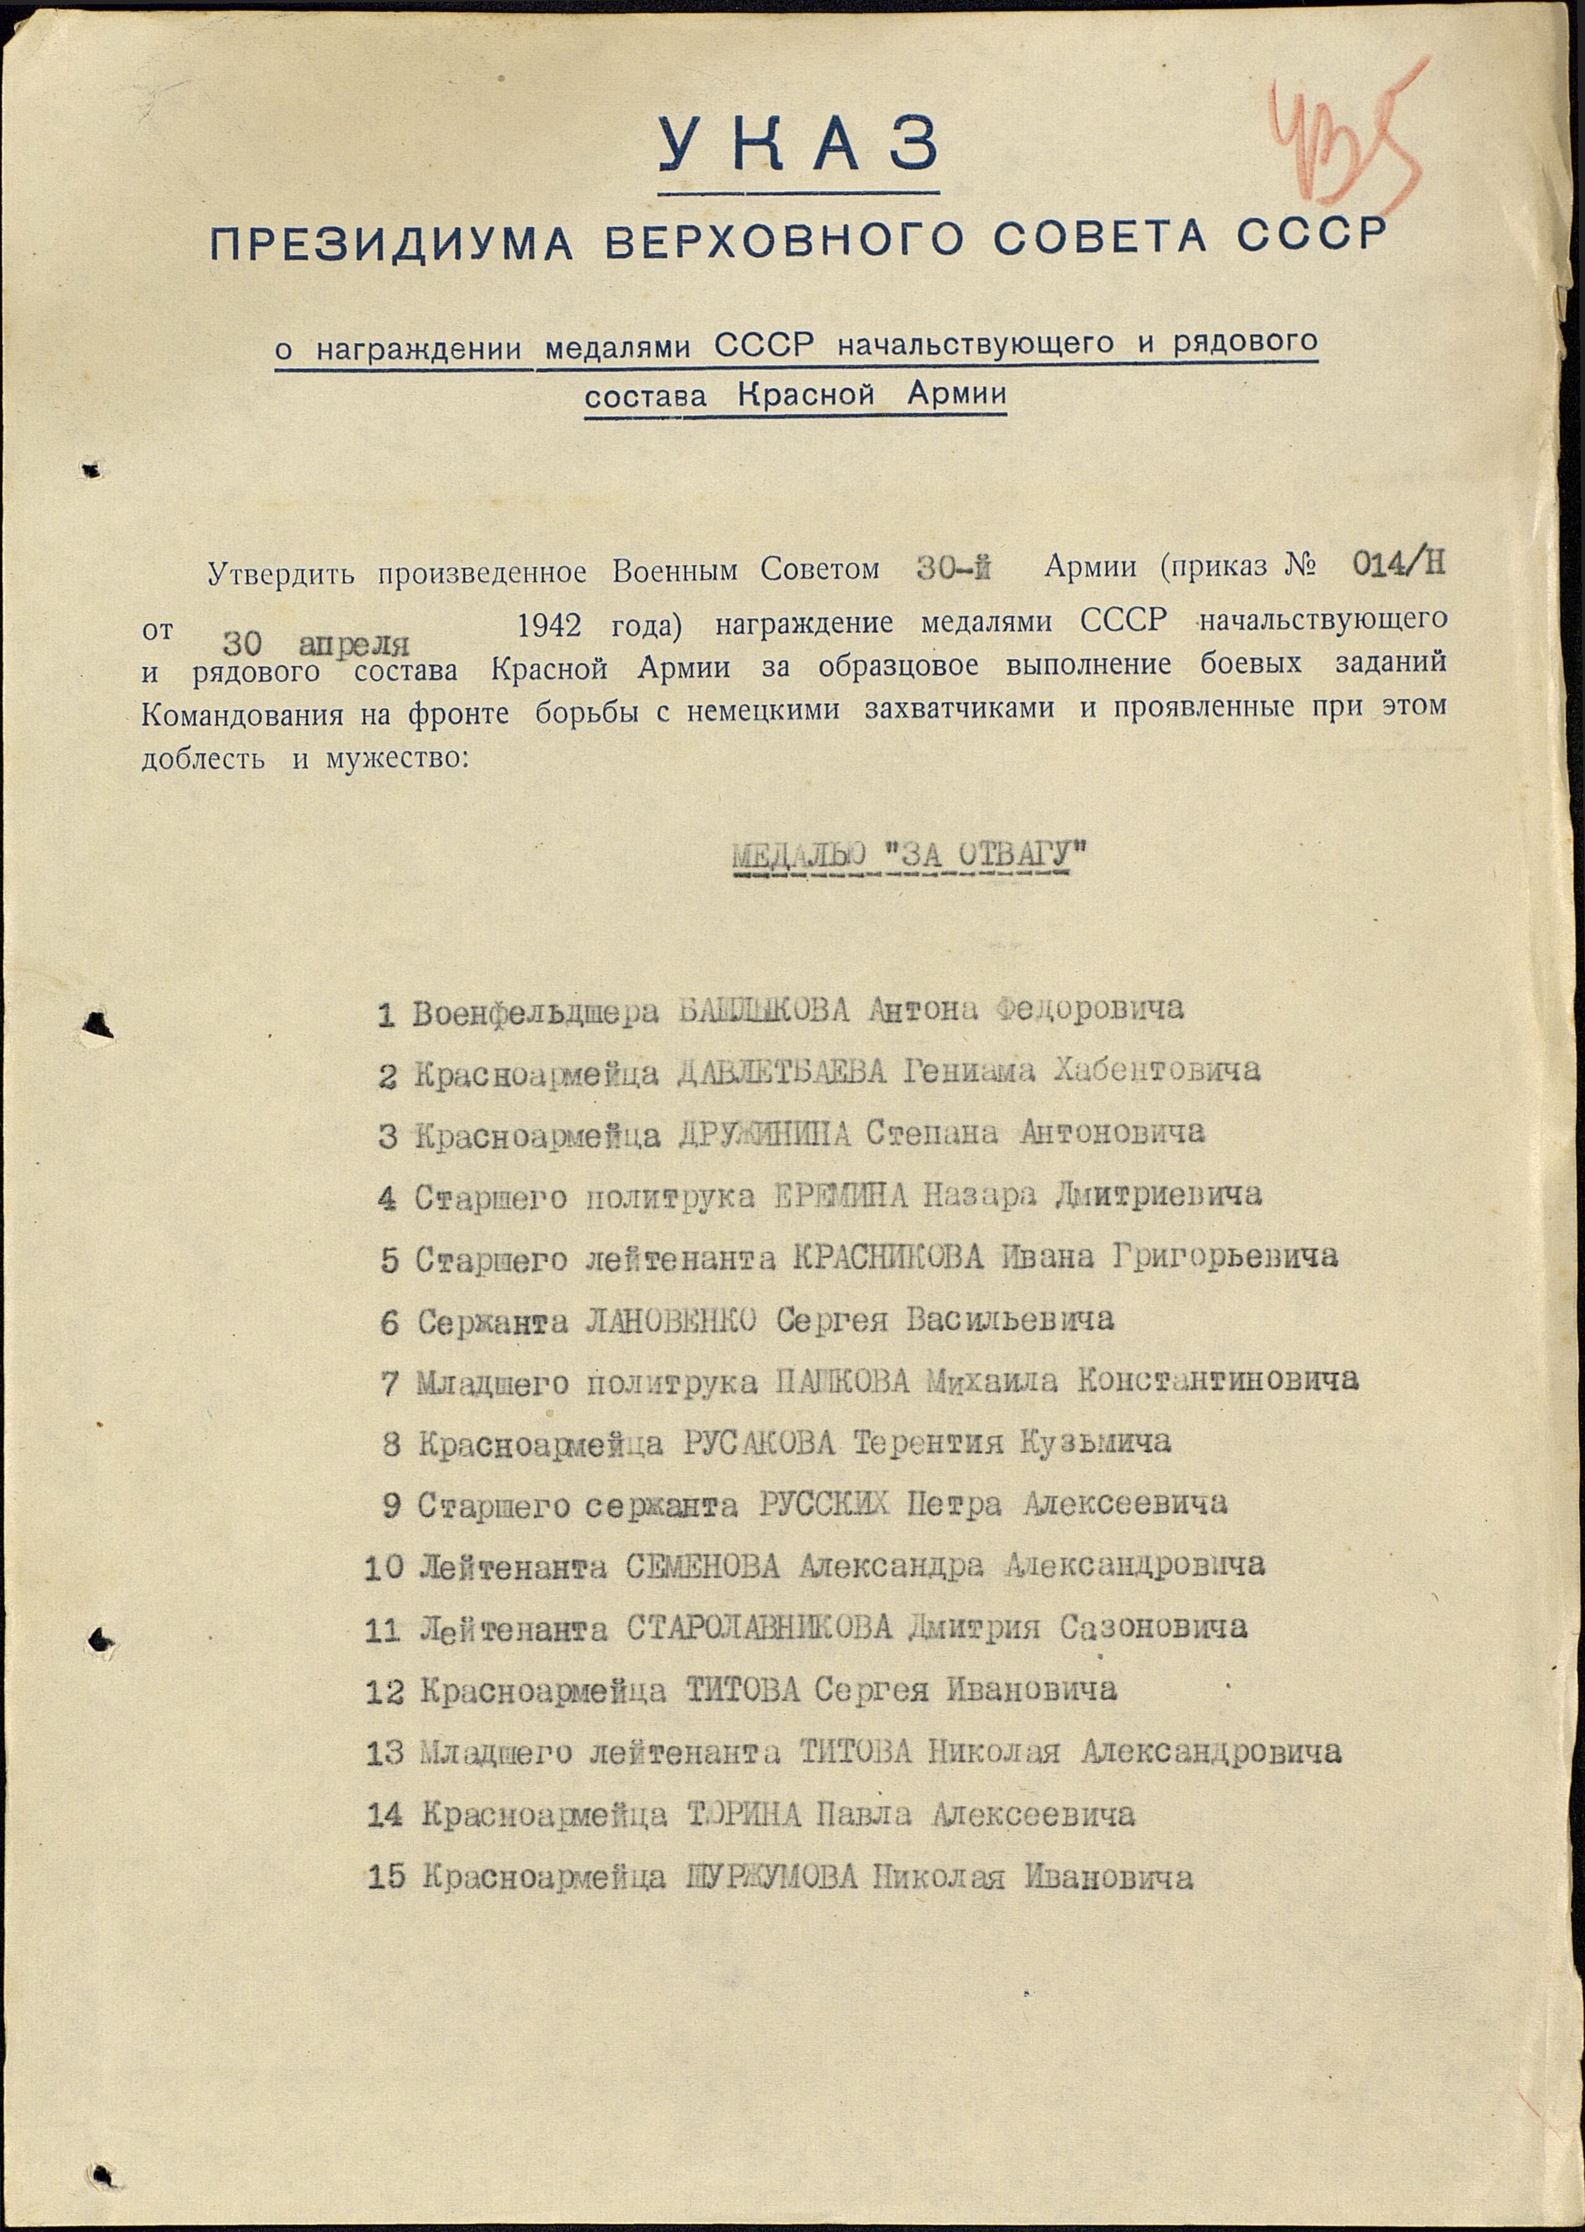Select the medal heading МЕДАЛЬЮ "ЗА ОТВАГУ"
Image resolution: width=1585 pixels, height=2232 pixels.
(910, 856)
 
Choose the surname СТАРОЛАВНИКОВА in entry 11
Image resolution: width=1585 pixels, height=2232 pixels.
(759, 1629)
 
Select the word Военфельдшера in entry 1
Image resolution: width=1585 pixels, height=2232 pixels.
(536, 1013)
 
